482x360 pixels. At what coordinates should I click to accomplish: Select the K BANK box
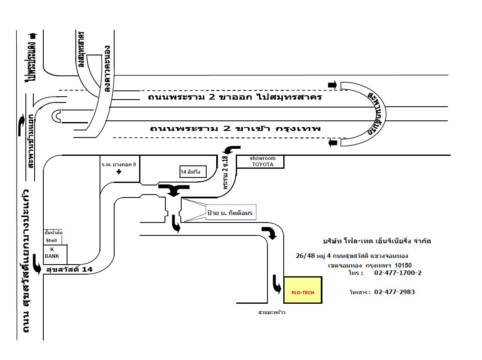(55, 254)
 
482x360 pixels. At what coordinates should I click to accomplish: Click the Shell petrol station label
(52, 240)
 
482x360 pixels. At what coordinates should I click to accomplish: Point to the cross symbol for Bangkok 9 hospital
(119, 172)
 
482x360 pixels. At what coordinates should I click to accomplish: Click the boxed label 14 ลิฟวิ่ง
(193, 171)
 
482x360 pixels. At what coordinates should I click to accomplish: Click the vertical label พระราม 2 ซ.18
(226, 172)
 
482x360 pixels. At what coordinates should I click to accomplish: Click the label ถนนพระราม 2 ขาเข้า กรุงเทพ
(235, 128)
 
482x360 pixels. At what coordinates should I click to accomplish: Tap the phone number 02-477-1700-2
(398, 273)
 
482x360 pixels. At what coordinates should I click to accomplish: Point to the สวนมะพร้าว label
(272, 312)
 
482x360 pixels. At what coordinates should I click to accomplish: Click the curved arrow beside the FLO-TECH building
(277, 285)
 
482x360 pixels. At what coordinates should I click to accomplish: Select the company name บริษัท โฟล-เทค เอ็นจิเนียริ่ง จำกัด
(377, 241)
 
